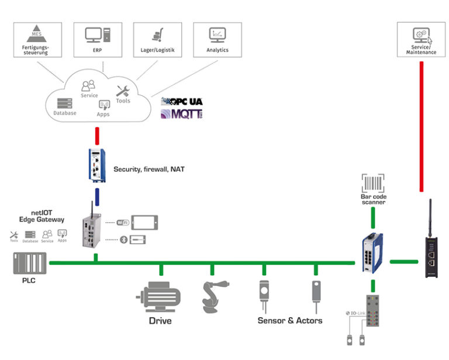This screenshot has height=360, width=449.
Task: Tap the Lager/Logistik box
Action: tap(157, 40)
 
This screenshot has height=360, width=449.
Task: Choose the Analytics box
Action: tap(217, 40)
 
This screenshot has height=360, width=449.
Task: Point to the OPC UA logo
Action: tap(182, 101)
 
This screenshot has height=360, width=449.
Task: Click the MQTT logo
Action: tap(182, 114)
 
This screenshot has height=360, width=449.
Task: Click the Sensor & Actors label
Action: tap(290, 320)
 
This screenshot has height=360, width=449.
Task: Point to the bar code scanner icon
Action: tap(372, 182)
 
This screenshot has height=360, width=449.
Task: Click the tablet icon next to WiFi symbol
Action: tap(144, 222)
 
